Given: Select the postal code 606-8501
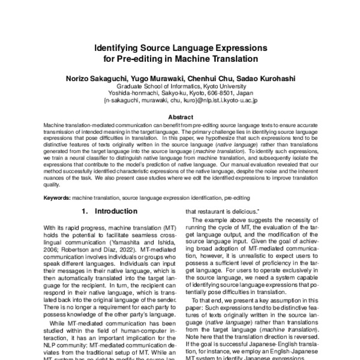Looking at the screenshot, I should pyautogui.click(x=218, y=94).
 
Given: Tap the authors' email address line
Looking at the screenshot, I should pyautogui.click(x=180, y=101).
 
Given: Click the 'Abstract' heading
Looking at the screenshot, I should pyautogui.click(x=180, y=116).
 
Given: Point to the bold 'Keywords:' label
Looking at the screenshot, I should pyautogui.click(x=56, y=196).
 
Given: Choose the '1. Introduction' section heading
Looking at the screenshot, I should pyautogui.click(x=109, y=211).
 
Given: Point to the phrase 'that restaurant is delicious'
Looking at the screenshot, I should pyautogui.click(x=224, y=212).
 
